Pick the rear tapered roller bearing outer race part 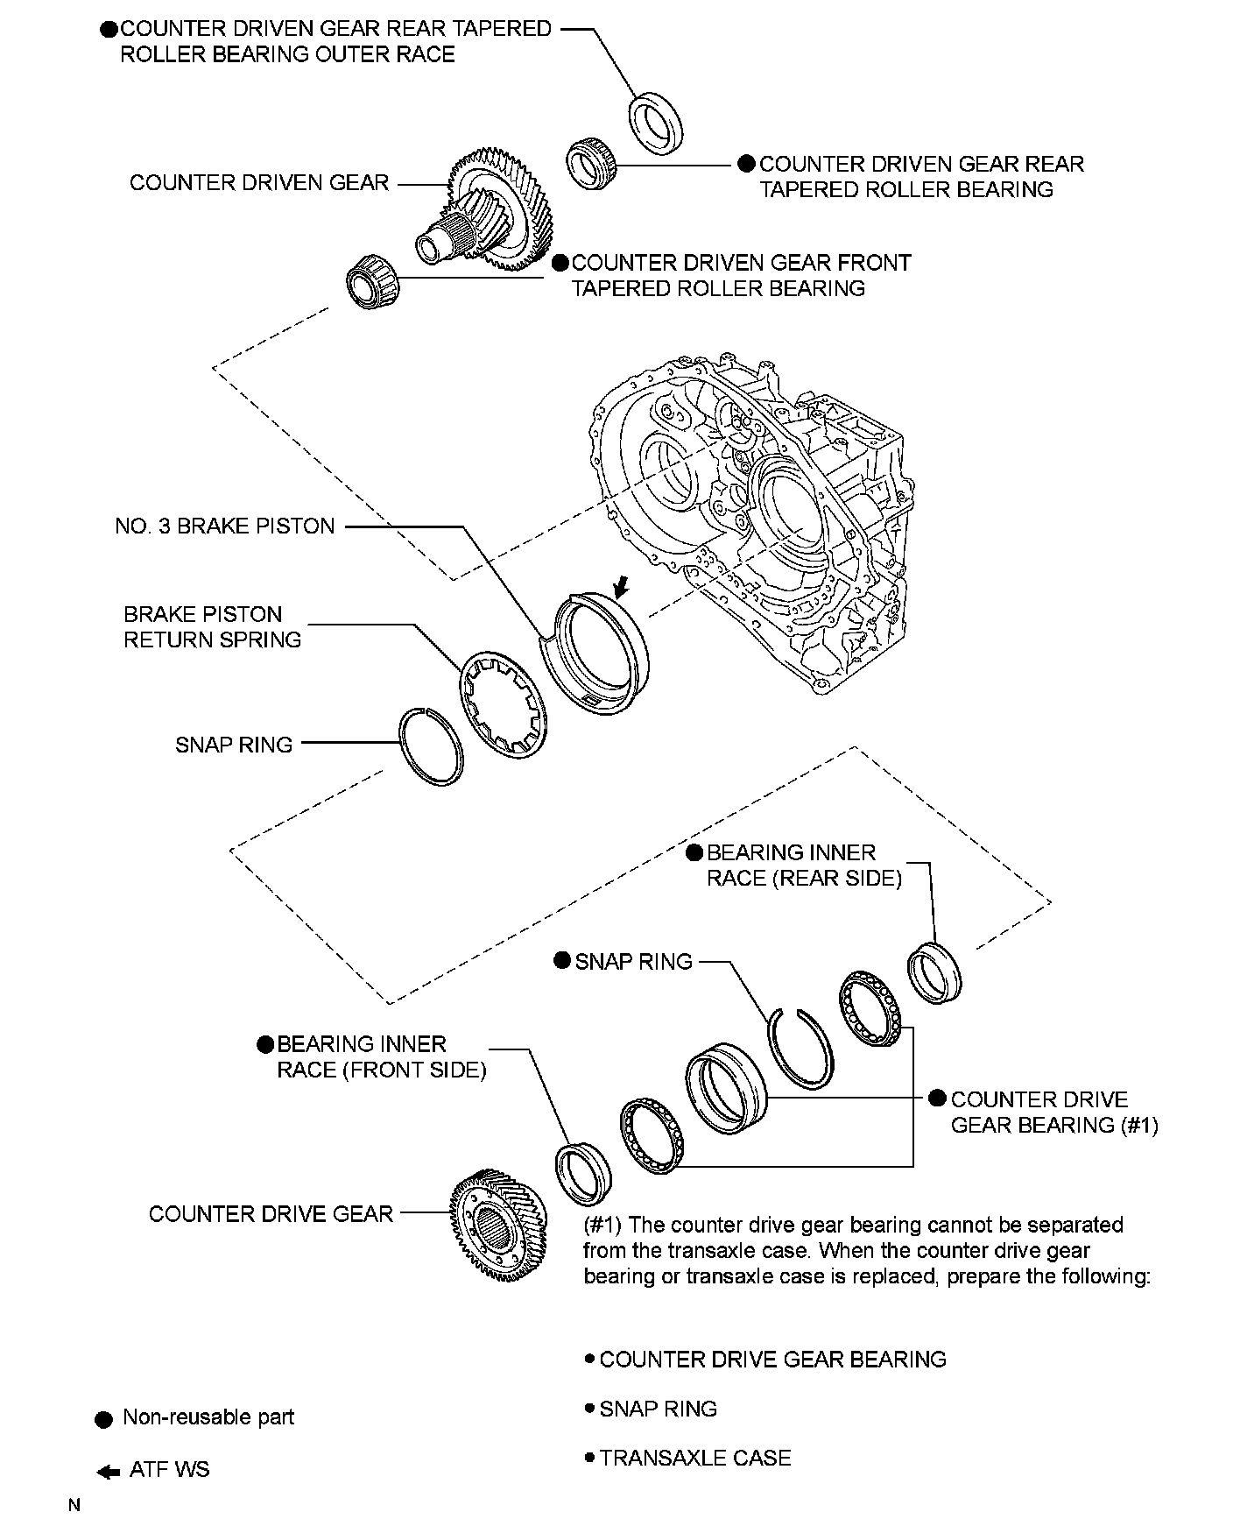[x=657, y=118]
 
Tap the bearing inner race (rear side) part [x=934, y=971]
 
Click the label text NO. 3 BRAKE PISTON [x=225, y=526]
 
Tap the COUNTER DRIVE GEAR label [x=271, y=1214]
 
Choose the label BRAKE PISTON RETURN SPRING [x=212, y=626]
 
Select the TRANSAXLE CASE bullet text [x=695, y=1458]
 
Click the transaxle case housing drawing [x=762, y=517]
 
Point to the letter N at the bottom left [x=75, y=1506]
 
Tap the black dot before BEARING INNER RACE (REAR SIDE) [x=694, y=853]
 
